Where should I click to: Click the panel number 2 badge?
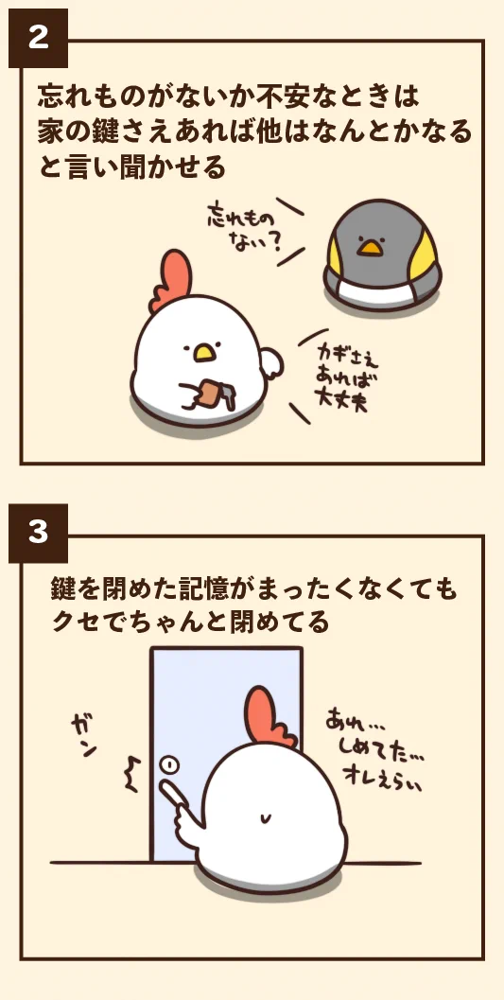[38, 39]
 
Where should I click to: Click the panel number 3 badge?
[38, 533]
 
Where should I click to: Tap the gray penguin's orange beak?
[372, 248]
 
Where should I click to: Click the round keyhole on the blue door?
[168, 763]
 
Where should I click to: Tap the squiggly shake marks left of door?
[131, 775]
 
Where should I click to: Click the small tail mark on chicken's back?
[268, 817]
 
